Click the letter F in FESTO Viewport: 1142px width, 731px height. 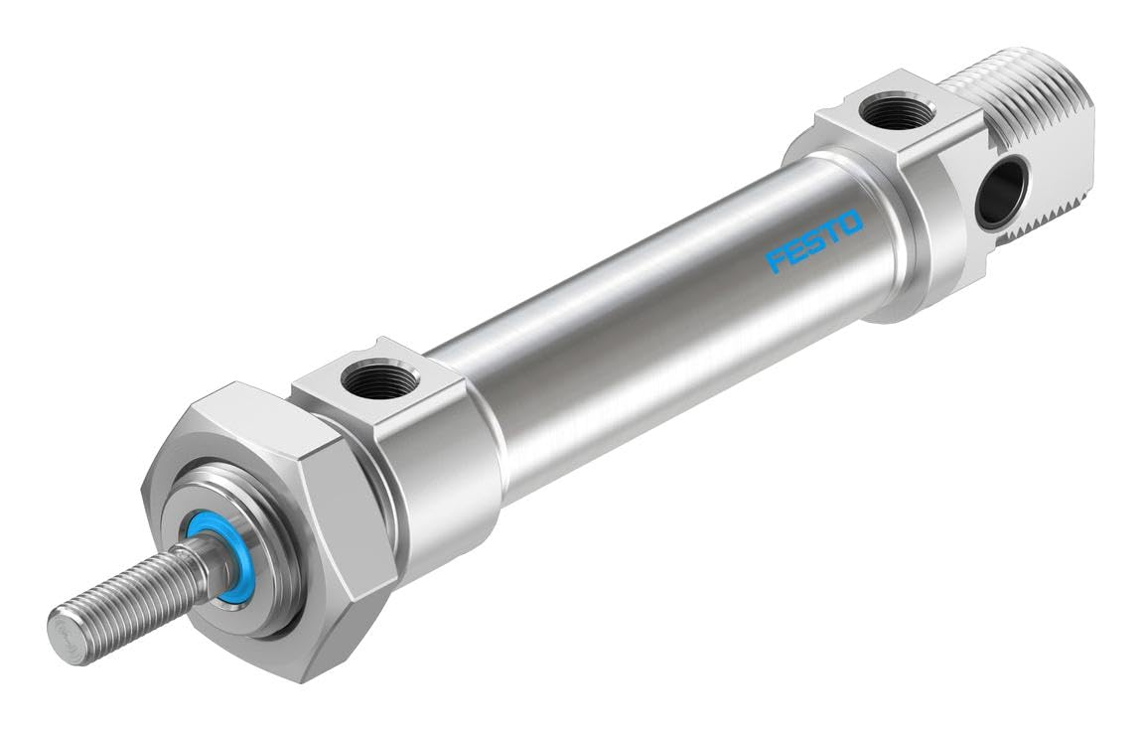[776, 263]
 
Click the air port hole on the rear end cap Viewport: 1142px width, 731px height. [897, 112]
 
